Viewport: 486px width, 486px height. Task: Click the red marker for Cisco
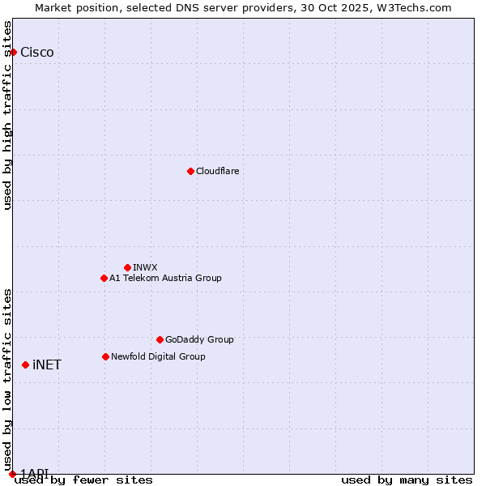[x=13, y=52]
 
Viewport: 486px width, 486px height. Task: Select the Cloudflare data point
[x=190, y=171]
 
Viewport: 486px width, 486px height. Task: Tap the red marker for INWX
[x=127, y=267]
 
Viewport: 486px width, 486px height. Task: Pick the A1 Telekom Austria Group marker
[x=104, y=278]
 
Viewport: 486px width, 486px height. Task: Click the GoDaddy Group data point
[x=160, y=339]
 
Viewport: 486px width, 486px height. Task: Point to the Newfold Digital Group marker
[x=105, y=356]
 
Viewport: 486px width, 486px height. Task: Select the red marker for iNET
[x=25, y=364]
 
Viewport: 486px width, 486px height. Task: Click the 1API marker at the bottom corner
[x=12, y=474]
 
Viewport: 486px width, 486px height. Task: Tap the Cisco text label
[x=37, y=53]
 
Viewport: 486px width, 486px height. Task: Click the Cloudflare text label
[x=217, y=171]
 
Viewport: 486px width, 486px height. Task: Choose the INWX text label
[x=145, y=267]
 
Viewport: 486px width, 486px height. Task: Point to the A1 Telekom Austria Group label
[x=165, y=278]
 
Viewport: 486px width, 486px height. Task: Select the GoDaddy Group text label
[x=199, y=339]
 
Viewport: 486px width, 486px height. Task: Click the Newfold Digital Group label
[x=158, y=356]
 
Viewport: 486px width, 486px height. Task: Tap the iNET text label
[x=47, y=365]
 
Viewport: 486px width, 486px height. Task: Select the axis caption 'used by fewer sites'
[x=83, y=480]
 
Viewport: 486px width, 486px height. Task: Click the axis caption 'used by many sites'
[x=407, y=480]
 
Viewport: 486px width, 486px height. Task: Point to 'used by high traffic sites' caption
[x=8, y=115]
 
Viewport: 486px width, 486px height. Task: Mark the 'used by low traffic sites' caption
[x=8, y=373]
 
